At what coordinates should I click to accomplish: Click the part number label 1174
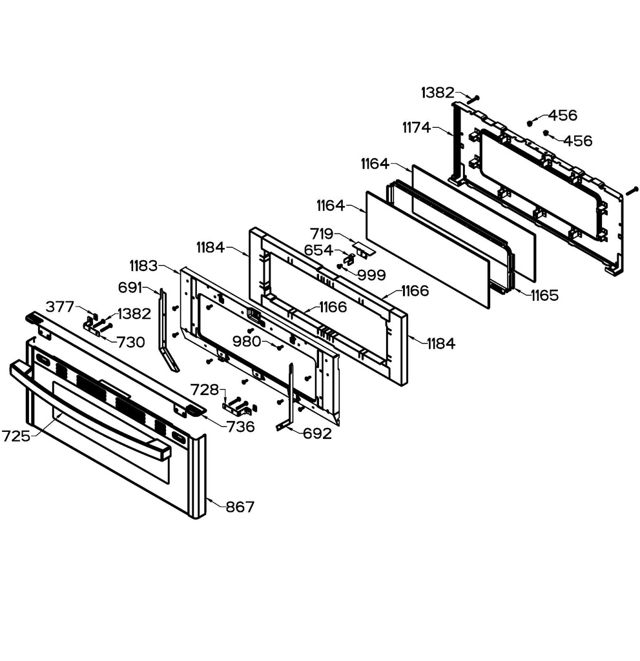tap(416, 128)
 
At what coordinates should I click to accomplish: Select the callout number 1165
tap(544, 296)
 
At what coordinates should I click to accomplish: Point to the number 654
tap(318, 250)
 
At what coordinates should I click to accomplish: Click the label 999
tap(371, 276)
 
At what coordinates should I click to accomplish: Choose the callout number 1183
tap(143, 266)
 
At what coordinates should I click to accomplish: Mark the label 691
tap(131, 287)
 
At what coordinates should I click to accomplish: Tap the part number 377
tap(60, 307)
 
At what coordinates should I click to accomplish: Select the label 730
tap(131, 343)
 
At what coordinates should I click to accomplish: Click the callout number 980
tap(247, 341)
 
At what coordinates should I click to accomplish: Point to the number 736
tap(240, 427)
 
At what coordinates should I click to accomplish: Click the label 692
tap(318, 434)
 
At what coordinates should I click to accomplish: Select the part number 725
tap(15, 436)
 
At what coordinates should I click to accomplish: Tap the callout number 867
tap(240, 507)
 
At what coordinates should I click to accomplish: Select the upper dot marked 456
tap(530, 122)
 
